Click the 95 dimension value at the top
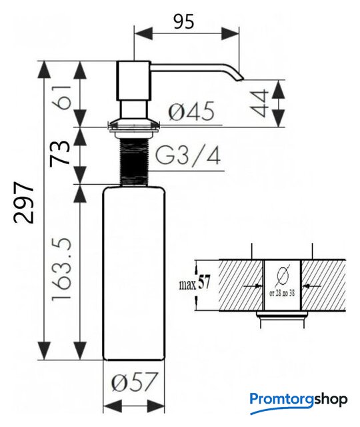(x=184, y=21)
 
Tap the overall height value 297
(x=24, y=203)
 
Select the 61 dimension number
(x=63, y=97)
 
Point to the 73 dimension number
(x=60, y=153)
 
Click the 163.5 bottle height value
(x=61, y=270)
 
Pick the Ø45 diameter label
(x=191, y=111)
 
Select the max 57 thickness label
(x=194, y=283)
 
